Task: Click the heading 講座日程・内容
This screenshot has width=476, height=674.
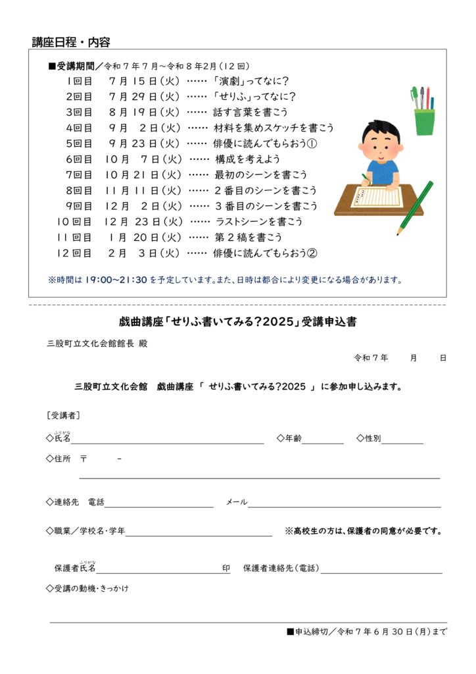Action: click(71, 43)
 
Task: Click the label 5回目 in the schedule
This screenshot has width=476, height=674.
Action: click(80, 143)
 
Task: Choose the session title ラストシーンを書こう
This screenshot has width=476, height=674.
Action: click(258, 222)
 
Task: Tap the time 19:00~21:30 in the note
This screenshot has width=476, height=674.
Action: click(116, 280)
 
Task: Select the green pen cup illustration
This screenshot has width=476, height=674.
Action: click(424, 120)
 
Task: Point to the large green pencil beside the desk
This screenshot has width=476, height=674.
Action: click(416, 208)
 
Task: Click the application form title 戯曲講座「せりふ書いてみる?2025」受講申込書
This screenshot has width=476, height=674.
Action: click(238, 322)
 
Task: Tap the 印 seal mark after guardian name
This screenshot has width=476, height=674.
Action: click(226, 568)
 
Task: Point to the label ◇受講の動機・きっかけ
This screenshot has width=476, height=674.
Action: click(87, 588)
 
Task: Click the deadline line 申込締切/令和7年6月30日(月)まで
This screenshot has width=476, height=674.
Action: click(367, 632)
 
